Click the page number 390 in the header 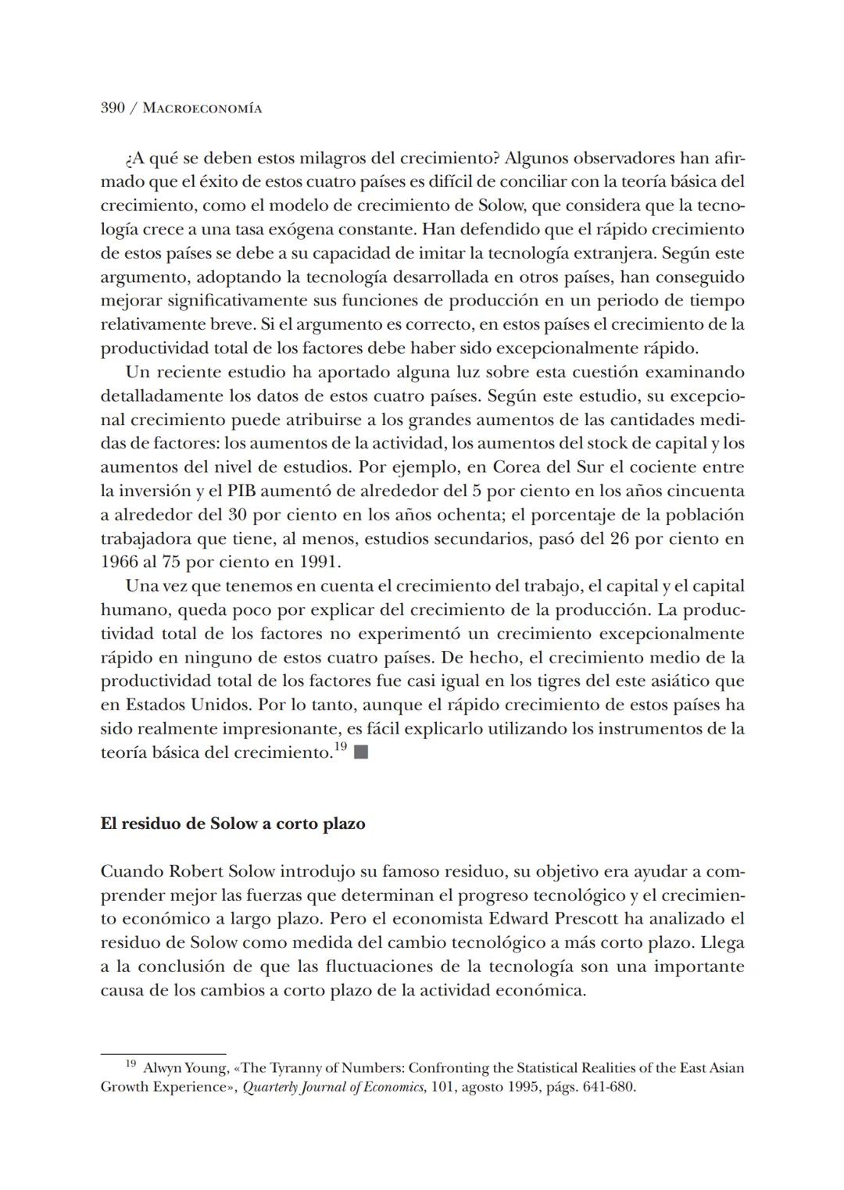[x=113, y=108]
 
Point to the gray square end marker [x=360, y=753]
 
